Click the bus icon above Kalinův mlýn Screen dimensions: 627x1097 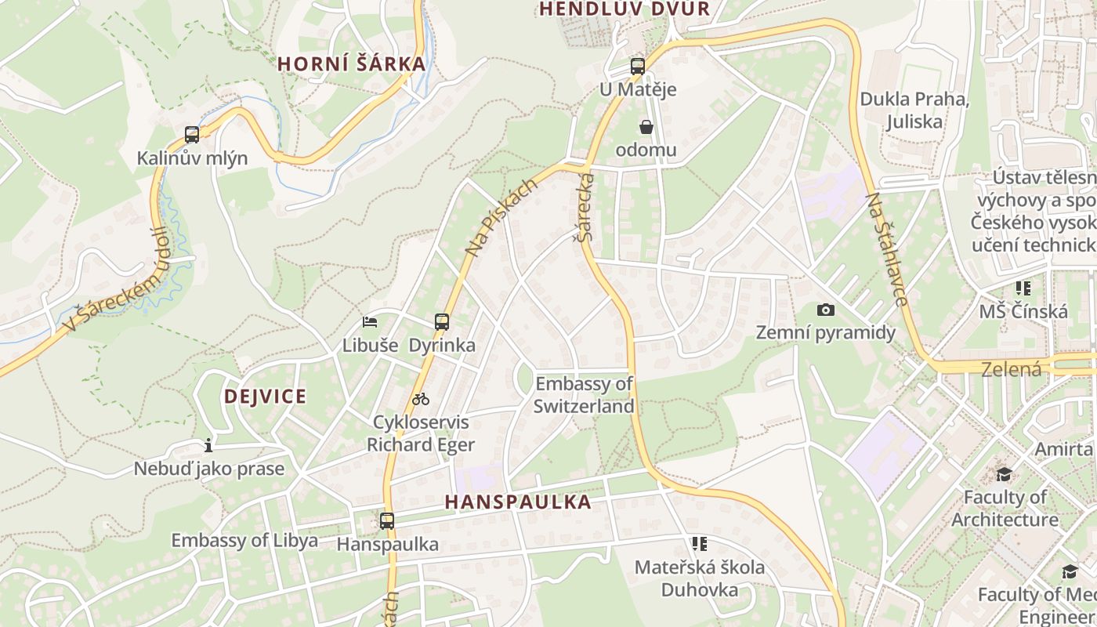point(192,134)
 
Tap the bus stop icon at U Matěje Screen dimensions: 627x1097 point(637,67)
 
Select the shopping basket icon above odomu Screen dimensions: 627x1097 point(646,127)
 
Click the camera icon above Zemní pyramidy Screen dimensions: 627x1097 point(825,310)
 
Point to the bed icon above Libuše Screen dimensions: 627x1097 point(370,321)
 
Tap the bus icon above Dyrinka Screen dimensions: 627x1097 point(442,321)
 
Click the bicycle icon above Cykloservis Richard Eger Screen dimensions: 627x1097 point(421,399)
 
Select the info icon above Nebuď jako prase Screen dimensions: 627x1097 point(208,446)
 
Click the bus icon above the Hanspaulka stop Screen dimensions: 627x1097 point(387,520)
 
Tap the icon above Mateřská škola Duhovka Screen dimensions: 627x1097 point(700,543)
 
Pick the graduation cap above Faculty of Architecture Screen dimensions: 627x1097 point(1004,474)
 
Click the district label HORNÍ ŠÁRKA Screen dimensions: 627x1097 point(352,64)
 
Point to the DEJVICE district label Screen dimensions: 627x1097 point(265,396)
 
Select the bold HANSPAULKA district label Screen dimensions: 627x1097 point(518,502)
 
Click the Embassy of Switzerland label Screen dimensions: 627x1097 point(584,395)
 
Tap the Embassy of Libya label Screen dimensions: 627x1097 point(244,540)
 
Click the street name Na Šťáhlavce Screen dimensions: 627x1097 point(887,249)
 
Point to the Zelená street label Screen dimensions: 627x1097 point(1012,369)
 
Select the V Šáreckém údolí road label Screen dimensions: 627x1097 point(118,280)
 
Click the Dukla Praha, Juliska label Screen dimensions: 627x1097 point(914,111)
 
